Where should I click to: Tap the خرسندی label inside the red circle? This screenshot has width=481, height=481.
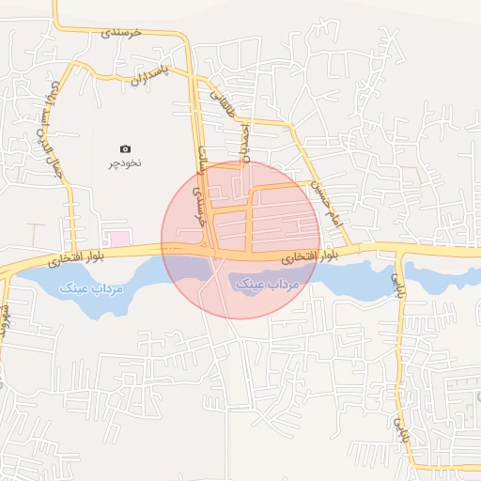tap(196, 201)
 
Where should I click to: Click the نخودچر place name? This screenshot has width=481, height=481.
tap(126, 163)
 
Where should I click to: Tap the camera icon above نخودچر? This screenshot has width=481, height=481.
tap(126, 148)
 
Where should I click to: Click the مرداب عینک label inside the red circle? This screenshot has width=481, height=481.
tap(267, 283)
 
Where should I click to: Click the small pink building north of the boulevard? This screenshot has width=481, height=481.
tap(116, 236)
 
